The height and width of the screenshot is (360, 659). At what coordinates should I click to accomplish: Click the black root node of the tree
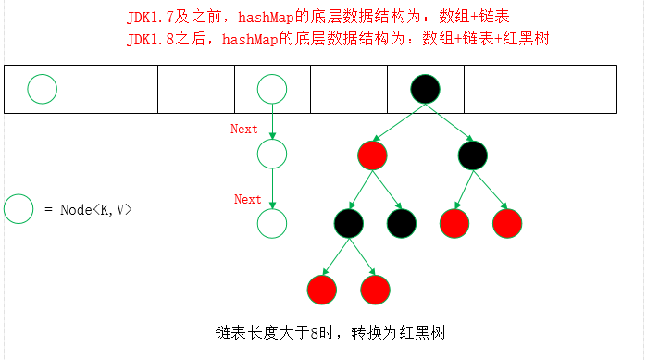[424, 89]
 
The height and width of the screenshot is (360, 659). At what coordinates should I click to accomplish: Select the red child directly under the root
[370, 155]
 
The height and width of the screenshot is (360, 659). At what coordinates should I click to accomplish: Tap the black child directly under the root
[472, 155]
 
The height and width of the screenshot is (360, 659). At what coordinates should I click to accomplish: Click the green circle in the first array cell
[42, 89]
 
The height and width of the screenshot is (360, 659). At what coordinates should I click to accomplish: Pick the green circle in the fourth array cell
[272, 89]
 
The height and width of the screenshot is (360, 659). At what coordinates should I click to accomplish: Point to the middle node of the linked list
[272, 154]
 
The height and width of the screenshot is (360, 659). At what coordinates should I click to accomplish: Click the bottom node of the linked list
[272, 222]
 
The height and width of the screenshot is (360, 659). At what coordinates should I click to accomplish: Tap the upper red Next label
[244, 130]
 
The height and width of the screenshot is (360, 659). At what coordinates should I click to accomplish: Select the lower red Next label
[247, 199]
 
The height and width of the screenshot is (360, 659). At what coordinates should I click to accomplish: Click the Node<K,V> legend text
[90, 210]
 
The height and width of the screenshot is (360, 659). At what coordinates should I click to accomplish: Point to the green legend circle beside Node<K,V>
[19, 210]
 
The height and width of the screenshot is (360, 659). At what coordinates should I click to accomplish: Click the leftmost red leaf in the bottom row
[321, 290]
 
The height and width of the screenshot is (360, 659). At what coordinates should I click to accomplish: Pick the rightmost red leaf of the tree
[508, 222]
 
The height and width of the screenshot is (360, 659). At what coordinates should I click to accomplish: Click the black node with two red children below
[349, 222]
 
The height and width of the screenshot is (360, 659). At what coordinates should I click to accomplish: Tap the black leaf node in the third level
[401, 222]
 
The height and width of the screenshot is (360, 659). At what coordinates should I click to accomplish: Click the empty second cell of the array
[119, 89]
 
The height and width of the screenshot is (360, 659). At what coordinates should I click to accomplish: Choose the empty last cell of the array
[578, 89]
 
